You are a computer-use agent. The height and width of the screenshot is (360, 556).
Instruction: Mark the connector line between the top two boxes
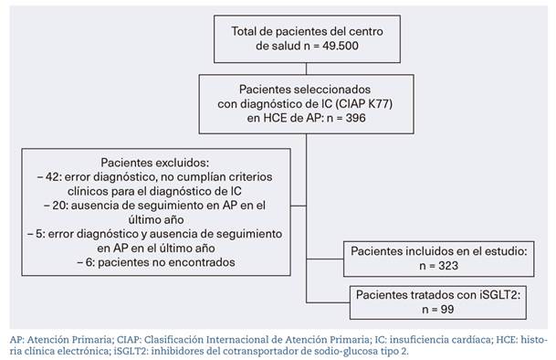pyautogui.click(x=307, y=67)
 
